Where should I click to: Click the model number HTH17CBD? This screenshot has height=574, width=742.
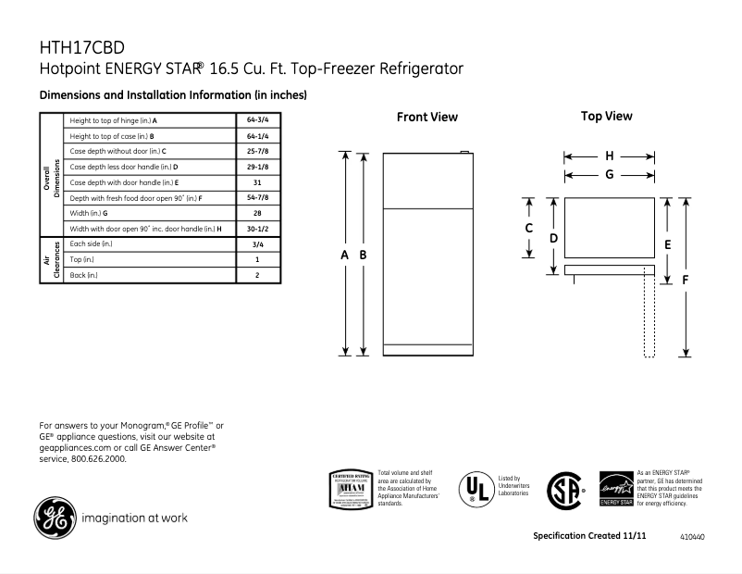click(x=82, y=47)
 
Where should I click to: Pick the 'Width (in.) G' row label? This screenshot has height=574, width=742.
click(x=90, y=213)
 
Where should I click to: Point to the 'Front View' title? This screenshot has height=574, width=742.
click(x=427, y=118)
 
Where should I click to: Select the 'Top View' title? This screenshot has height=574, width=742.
click(x=607, y=117)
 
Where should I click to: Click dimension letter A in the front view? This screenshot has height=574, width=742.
click(x=345, y=255)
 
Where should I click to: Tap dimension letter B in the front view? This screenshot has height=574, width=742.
click(x=364, y=255)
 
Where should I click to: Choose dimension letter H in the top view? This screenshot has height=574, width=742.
click(x=610, y=156)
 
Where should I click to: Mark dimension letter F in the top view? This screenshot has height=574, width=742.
click(x=686, y=279)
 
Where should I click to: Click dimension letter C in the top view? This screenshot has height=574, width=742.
click(x=529, y=228)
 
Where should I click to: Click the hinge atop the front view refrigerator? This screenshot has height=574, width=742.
click(x=465, y=154)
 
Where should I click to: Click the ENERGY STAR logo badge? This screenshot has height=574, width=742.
click(x=617, y=488)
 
